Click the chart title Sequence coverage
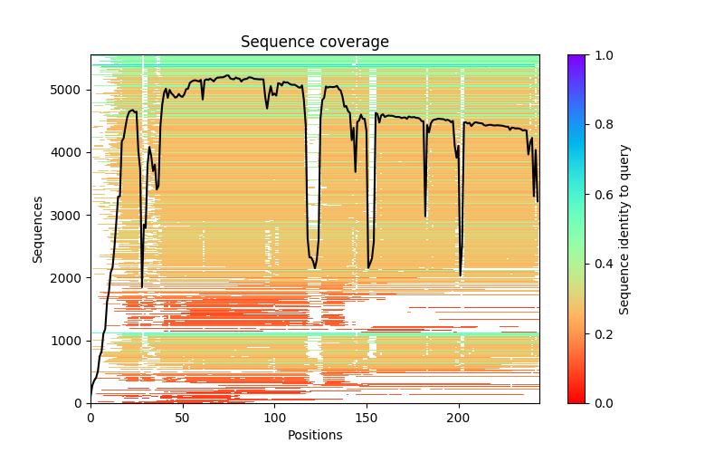point(314,43)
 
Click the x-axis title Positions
point(314,435)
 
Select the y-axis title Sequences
point(38,229)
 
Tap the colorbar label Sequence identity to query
point(624,229)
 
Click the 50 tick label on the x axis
point(183,419)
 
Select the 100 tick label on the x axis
point(274,419)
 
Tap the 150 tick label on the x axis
point(367,419)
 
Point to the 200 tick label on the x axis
point(459,419)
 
